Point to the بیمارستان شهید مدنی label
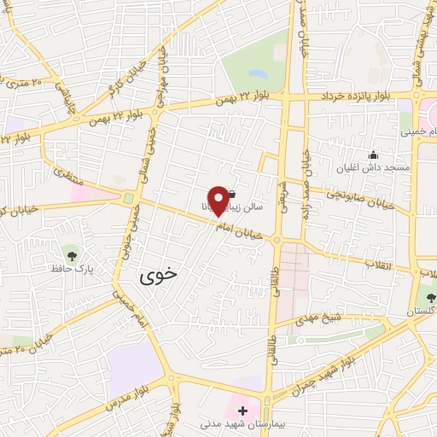(x=240, y=423)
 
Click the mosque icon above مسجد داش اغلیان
(x=373, y=154)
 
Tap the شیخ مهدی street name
(x=320, y=318)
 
